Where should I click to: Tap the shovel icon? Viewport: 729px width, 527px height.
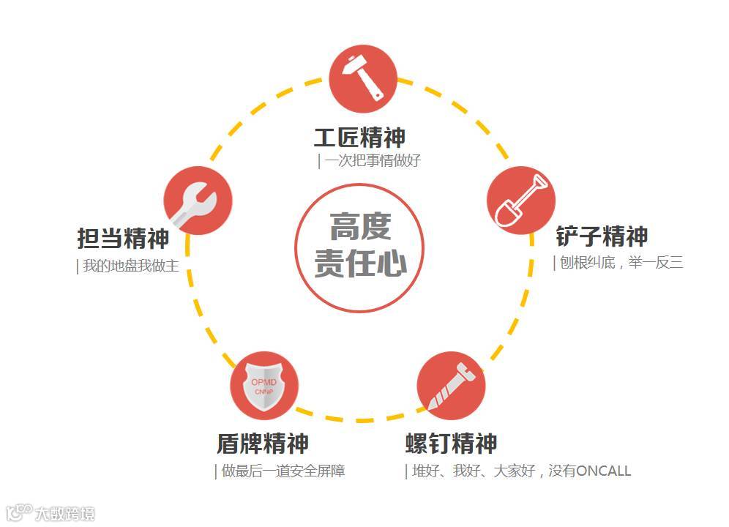(x=521, y=200)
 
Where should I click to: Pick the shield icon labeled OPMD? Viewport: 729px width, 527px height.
(x=264, y=386)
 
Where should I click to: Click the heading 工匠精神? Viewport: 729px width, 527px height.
(x=359, y=137)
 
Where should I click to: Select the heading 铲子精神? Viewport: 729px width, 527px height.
(x=602, y=236)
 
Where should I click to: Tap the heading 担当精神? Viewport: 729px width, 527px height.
(x=123, y=238)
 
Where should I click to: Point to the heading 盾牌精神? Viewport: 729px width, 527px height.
(x=262, y=443)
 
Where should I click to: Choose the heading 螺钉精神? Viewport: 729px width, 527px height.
(x=451, y=443)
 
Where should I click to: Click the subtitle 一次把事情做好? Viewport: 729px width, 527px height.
(x=373, y=161)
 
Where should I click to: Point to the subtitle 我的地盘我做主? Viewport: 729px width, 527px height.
(x=130, y=266)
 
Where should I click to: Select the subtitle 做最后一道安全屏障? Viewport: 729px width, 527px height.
(x=283, y=471)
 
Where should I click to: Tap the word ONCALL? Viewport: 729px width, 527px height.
(x=603, y=471)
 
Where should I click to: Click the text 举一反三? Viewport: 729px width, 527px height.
(x=656, y=262)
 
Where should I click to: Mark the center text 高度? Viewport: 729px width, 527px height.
(x=359, y=227)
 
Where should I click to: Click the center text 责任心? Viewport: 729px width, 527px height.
(x=359, y=263)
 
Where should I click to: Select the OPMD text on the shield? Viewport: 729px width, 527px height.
(x=264, y=381)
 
